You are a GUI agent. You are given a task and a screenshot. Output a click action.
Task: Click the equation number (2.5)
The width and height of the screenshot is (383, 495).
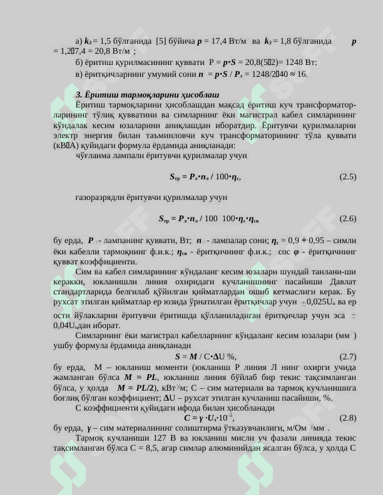[x=348, y=177]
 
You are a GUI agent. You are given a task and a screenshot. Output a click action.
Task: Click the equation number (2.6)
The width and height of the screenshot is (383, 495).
[x=348, y=219]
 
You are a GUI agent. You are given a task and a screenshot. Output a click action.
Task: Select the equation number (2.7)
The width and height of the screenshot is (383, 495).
[x=348, y=356]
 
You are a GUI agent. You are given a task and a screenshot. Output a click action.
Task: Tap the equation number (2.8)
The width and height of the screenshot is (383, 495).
[x=348, y=417]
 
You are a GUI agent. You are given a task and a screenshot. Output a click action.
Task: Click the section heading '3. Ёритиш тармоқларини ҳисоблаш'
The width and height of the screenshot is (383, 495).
[x=147, y=94]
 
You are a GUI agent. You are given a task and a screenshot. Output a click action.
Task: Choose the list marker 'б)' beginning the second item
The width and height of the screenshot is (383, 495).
[x=79, y=62]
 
